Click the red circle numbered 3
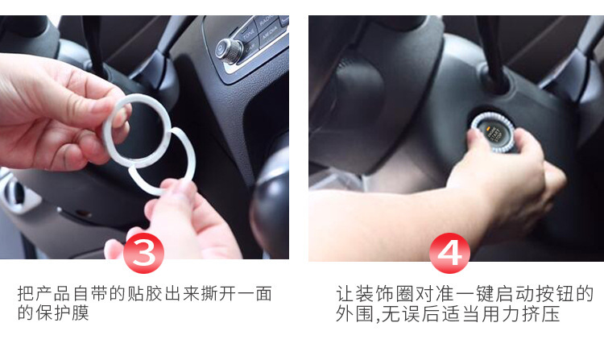point(143,253)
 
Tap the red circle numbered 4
point(449,253)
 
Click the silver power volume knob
point(229,51)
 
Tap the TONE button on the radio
point(249,33)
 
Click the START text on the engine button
point(495,135)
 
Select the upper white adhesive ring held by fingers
point(137,130)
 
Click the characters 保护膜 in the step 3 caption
point(62,313)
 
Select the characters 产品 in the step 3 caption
point(53,294)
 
